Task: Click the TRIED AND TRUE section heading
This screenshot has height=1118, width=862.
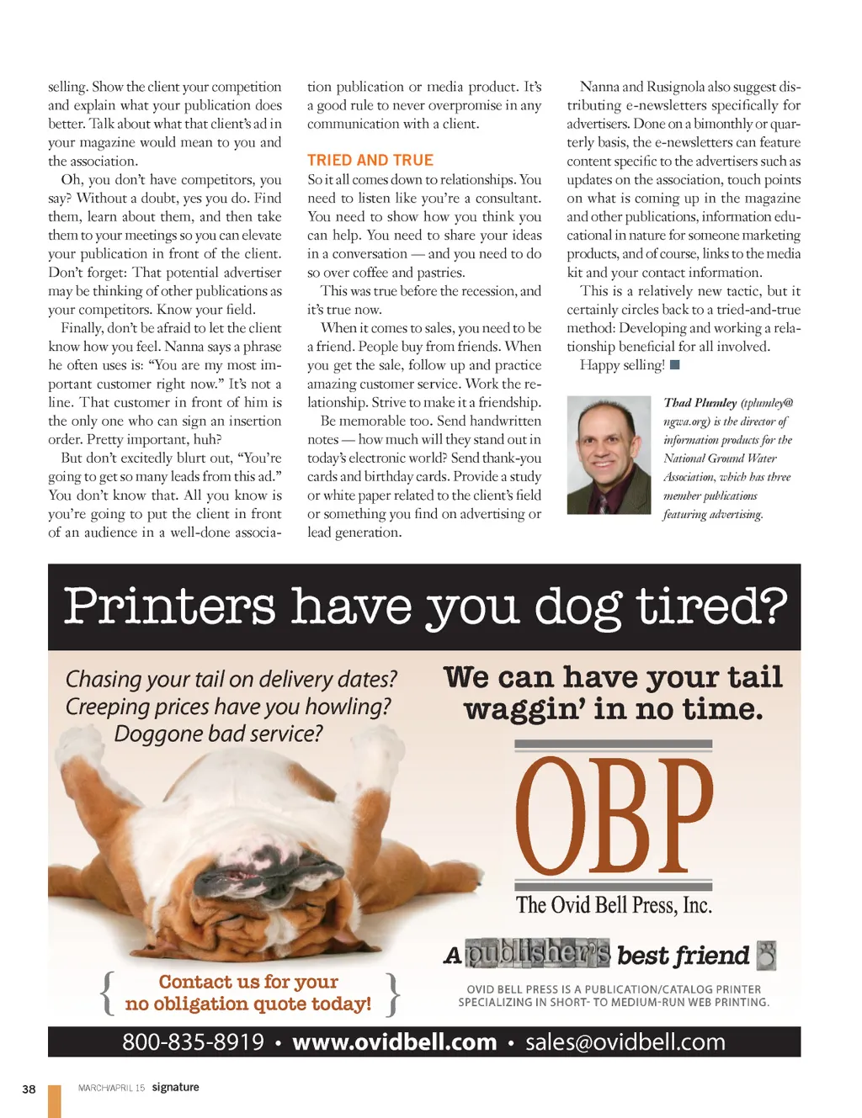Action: [370, 160]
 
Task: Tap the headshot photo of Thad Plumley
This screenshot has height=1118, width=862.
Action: [609, 455]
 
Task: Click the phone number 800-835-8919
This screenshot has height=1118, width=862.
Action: [193, 1042]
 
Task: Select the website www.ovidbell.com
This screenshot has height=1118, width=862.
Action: [394, 1042]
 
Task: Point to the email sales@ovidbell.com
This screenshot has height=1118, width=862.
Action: [625, 1042]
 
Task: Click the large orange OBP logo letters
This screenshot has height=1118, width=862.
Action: [614, 816]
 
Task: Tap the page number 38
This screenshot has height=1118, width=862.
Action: [29, 1089]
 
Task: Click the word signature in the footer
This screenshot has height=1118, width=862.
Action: [175, 1087]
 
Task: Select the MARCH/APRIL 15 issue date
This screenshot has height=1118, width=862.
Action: [111, 1088]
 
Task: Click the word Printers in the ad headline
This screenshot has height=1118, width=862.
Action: [169, 606]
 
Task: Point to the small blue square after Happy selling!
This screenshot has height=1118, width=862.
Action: [674, 365]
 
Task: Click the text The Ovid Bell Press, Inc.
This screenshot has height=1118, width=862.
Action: [614, 905]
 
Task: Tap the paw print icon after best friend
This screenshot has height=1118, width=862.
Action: [766, 956]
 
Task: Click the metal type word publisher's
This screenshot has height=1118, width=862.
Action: [538, 954]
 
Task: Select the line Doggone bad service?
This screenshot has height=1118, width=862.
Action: [218, 734]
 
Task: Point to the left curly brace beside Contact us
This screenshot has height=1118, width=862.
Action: [107, 993]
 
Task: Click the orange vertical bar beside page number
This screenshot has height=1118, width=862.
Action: [55, 1101]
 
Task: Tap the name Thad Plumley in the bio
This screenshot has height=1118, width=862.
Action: [700, 403]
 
